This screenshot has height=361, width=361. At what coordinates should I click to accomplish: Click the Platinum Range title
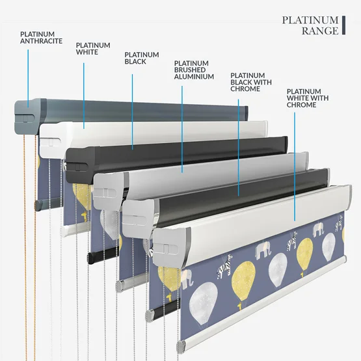coord(310,25)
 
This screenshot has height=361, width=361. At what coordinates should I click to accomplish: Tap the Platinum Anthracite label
coord(41,38)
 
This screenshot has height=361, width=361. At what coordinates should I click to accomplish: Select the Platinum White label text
coord(93,49)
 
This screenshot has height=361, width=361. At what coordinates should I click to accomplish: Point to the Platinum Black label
coord(142,58)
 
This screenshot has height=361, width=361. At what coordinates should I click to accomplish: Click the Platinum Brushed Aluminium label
coord(194,70)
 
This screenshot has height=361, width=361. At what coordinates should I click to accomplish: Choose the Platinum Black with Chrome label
coord(251,82)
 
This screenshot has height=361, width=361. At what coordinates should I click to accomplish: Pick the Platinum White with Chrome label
coord(308,98)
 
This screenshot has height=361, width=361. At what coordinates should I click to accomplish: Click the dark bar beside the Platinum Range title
coord(343,25)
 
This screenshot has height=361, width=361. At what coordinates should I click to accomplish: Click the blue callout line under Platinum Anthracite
coord(28,78)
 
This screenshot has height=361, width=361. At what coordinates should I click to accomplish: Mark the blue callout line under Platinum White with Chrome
coord(295,167)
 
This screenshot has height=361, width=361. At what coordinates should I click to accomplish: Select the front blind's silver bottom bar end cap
coord(181,347)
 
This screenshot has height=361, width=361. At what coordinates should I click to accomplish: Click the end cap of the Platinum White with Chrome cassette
coord(172,248)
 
